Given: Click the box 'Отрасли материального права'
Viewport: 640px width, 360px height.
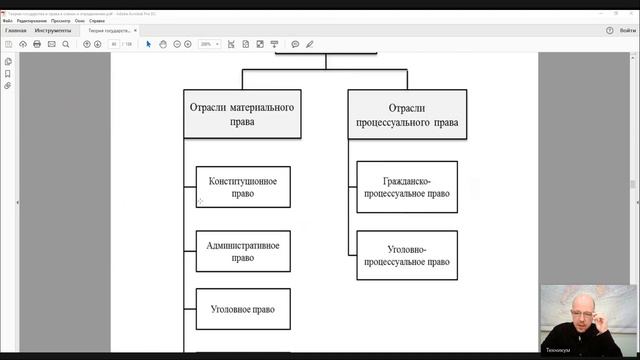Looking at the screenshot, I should point(242,113).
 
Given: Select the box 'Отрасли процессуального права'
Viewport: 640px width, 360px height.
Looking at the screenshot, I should point(407,113).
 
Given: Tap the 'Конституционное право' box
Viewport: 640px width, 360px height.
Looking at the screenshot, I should point(243,187).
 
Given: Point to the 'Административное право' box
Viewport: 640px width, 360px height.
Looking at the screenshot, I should point(243,250).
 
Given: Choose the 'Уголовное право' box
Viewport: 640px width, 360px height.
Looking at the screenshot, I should point(243,309).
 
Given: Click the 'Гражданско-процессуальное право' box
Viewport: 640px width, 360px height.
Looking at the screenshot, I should point(407,187).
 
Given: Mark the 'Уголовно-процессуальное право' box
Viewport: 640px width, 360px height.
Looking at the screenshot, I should point(407,255).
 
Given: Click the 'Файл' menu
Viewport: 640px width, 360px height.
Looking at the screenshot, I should point(8,21).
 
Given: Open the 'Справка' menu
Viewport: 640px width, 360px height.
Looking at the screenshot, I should point(97,21).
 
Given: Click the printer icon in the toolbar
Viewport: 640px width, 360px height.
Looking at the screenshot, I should point(37,44).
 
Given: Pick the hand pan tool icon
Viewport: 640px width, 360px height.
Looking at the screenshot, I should point(162,44).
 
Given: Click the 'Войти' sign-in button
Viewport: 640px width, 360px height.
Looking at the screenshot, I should point(627,31).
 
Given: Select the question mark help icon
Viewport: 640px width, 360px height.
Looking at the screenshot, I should point(610,31).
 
